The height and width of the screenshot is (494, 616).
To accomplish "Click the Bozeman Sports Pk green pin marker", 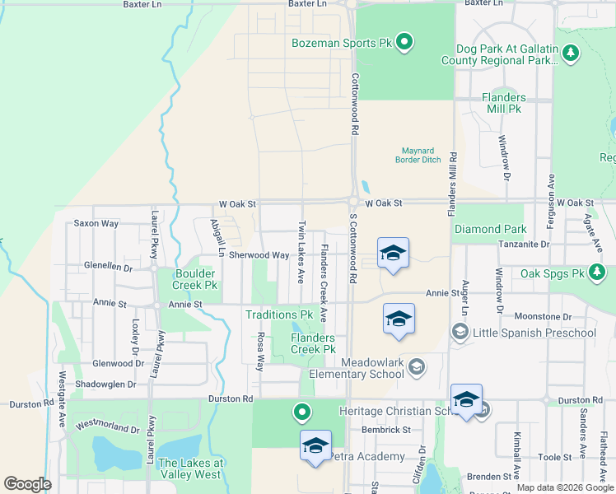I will tap(404, 41).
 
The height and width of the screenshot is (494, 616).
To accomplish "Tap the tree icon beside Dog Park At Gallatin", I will tap(571, 54).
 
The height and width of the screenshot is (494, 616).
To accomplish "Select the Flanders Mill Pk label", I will tap(503, 103).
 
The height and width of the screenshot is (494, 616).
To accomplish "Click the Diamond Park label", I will tap(490, 229).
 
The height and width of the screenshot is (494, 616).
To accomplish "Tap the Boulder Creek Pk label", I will tap(194, 279).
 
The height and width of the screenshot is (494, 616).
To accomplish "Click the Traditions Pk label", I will tap(279, 315).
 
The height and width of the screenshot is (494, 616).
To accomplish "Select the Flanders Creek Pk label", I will tap(313, 343).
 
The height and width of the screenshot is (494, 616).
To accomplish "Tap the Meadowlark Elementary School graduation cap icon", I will tap(417, 366).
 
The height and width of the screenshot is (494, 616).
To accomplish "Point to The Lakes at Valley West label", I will tap(189, 468).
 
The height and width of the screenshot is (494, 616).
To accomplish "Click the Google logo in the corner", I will tap(28, 483).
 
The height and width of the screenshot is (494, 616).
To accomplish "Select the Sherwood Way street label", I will tap(259, 255).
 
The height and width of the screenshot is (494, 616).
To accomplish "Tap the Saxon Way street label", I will tap(96, 223).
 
